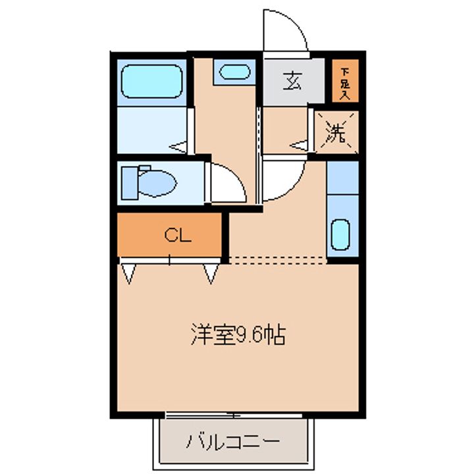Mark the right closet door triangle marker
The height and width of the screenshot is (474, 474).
coord(211,273)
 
